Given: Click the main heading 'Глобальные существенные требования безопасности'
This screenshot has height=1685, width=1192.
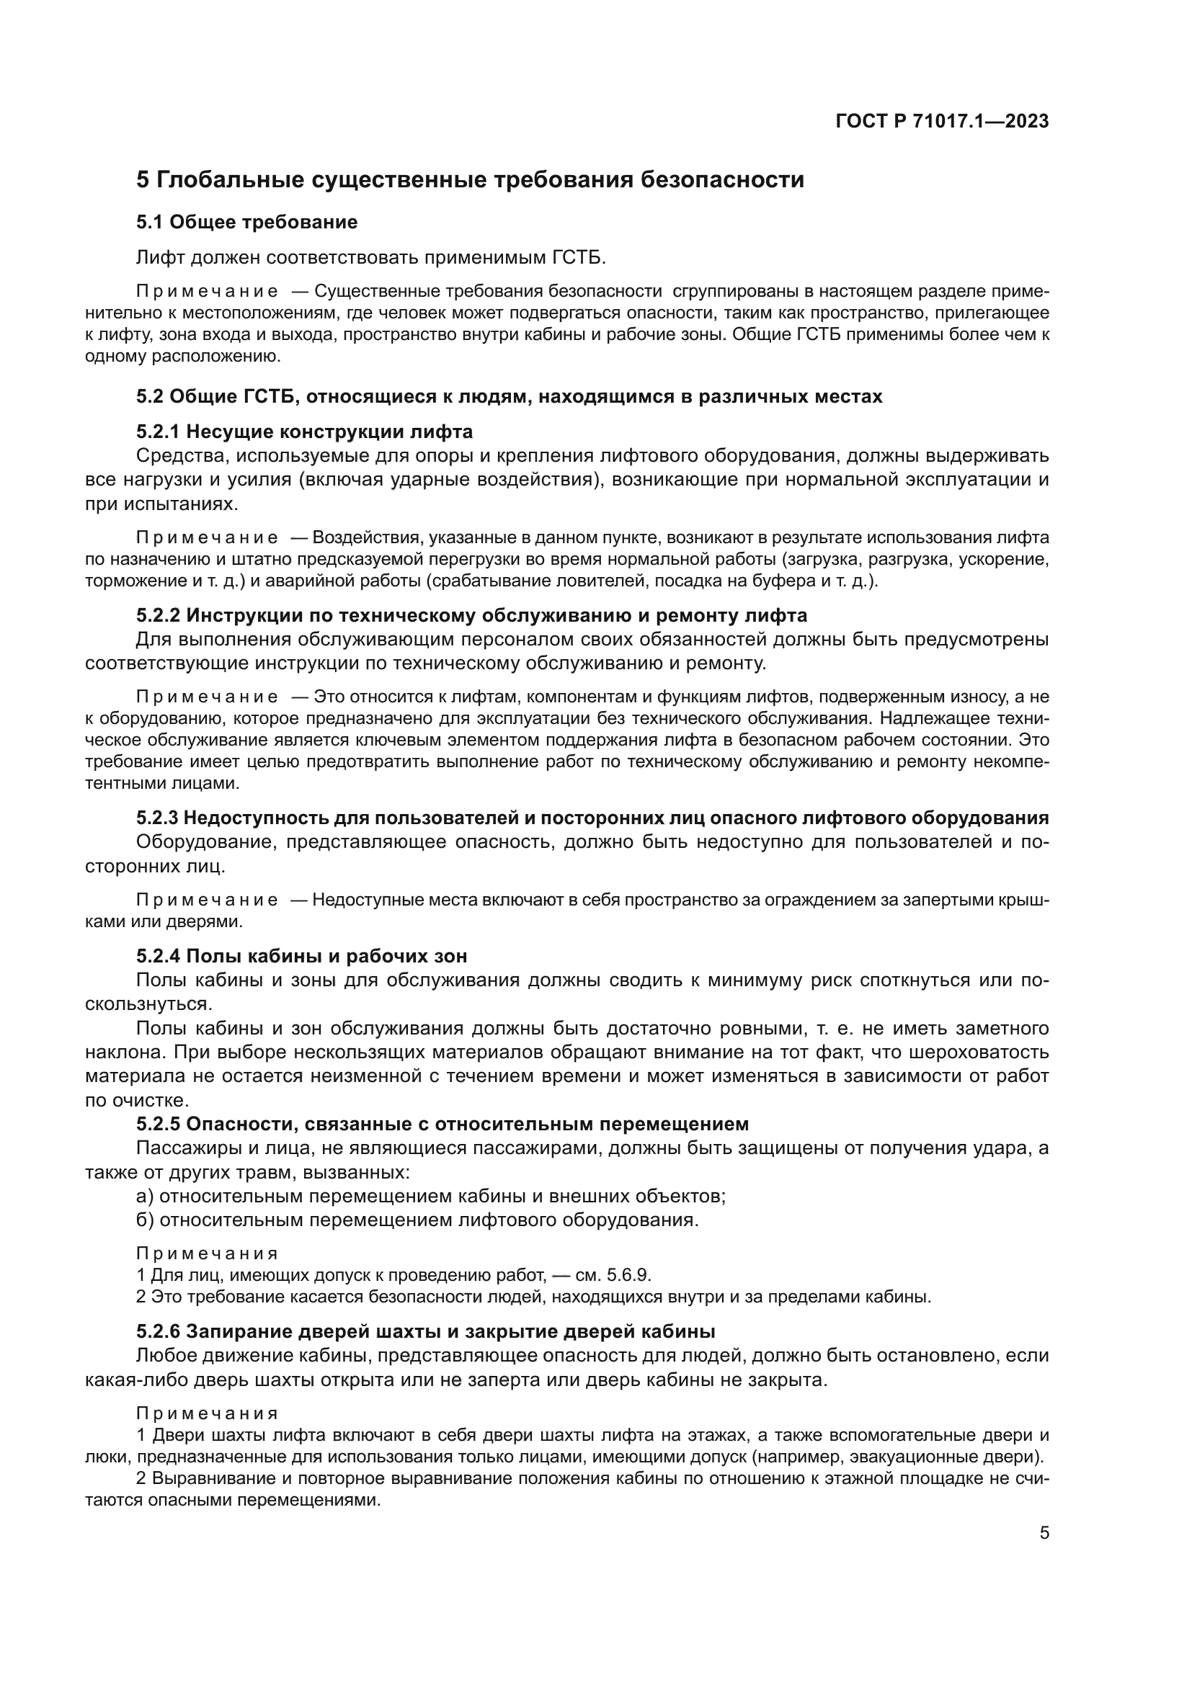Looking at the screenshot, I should pos(480,180).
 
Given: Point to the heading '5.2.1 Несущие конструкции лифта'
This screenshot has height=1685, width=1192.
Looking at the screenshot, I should pos(305,432).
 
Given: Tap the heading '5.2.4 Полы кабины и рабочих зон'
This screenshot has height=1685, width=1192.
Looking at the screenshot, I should pos(302,956).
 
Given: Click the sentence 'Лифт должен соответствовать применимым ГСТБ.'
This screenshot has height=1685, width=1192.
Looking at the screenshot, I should pos(371,258).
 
